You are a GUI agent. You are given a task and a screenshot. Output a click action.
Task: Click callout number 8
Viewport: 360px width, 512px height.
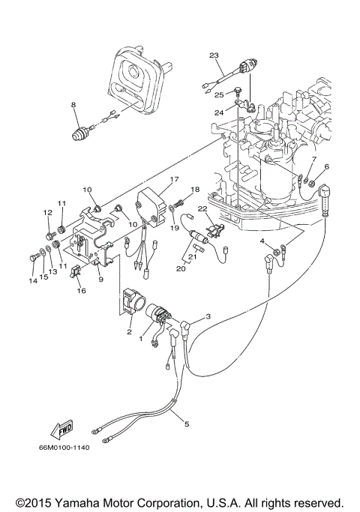tap(73, 105)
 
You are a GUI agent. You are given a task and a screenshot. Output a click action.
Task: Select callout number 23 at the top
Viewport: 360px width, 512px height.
tap(214, 56)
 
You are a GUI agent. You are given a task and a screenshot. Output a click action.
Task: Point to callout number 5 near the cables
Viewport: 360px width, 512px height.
tap(186, 424)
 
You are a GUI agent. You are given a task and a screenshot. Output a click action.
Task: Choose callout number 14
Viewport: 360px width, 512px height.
tap(33, 281)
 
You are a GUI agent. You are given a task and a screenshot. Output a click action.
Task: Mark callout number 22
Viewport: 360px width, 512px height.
tap(202, 208)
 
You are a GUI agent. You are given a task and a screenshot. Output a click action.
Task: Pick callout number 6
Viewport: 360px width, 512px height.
tap(326, 166)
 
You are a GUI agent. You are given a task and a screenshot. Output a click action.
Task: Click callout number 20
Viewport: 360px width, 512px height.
tap(180, 268)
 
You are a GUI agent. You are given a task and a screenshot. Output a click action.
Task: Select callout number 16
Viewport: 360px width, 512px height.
tap(82, 291)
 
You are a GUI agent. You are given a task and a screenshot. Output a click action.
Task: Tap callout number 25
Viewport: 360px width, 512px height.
tap(219, 95)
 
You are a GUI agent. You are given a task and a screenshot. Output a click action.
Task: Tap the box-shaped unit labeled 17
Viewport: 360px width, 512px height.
tap(150, 205)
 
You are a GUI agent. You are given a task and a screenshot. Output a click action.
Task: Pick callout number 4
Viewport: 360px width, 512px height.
tap(263, 241)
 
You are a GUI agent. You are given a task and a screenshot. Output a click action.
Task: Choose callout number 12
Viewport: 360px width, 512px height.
tap(47, 212)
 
